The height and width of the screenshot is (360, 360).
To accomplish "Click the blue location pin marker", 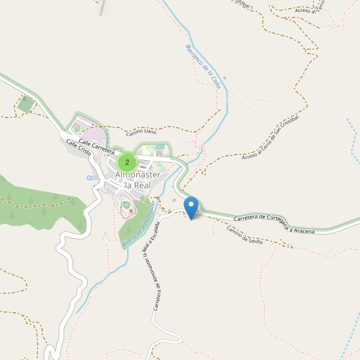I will [x=191, y=208].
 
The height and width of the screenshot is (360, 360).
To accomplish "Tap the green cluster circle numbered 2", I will [x=127, y=162].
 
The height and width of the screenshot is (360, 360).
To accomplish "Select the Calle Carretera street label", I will [x=96, y=147].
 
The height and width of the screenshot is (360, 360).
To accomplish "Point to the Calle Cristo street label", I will [x=79, y=148].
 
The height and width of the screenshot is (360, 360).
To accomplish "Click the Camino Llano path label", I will [x=141, y=131].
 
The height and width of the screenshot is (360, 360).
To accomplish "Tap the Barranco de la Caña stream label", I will [x=203, y=67].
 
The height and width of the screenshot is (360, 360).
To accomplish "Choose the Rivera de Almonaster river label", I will [x=139, y=224].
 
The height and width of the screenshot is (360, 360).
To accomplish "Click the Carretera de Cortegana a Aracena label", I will [x=274, y=224].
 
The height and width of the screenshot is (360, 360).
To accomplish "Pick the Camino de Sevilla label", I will [x=245, y=234].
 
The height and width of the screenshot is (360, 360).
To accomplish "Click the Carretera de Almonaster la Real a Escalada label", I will [x=149, y=269].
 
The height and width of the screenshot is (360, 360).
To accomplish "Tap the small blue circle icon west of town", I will [x=89, y=178].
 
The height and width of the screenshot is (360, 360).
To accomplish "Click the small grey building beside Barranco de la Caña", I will [x=224, y=78].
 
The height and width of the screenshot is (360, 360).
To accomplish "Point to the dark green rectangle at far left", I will [x=26, y=104].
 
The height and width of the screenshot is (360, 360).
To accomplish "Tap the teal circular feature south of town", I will [x=127, y=206].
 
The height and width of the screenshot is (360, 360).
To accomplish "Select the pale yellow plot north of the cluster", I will [x=148, y=150].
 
